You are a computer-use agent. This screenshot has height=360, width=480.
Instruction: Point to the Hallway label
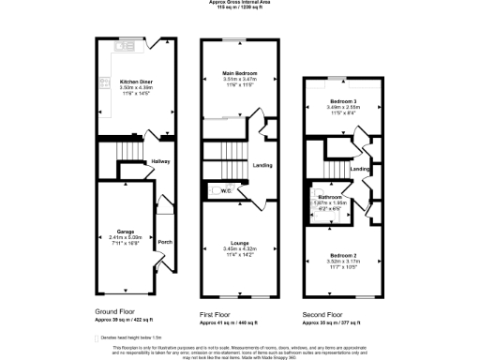pos(159,161)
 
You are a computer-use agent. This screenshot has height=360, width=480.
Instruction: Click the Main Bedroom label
pos(241,73)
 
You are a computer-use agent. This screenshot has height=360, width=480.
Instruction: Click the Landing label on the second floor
pos(360,169)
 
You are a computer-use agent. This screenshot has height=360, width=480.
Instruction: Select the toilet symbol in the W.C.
pos(215,191)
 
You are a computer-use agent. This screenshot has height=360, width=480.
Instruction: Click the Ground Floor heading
pos(117,310)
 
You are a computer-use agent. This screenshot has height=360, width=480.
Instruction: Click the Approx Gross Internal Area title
pos(240,3)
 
